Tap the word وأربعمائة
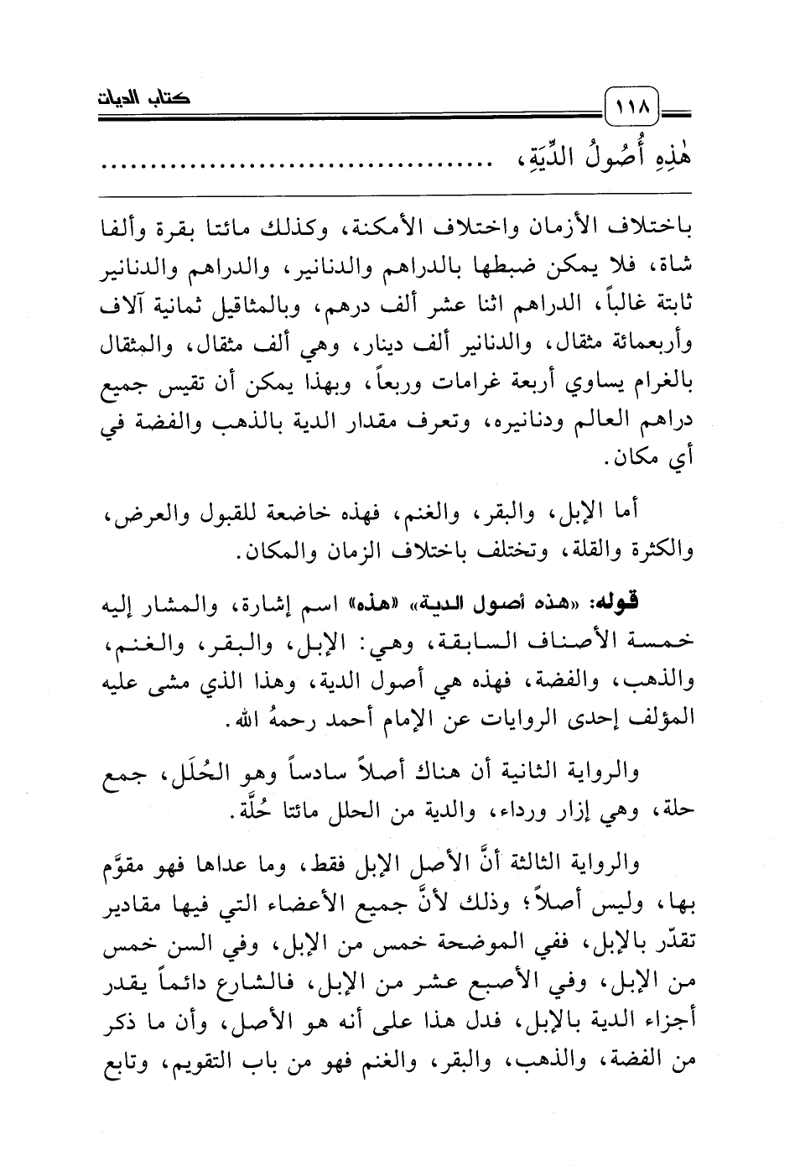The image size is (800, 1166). (655, 345)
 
